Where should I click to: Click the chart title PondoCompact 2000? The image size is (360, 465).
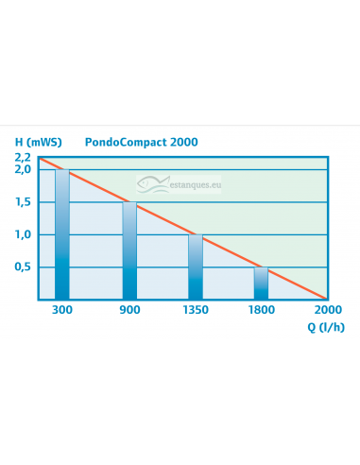[145, 142]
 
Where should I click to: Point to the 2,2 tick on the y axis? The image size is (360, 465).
[22, 157]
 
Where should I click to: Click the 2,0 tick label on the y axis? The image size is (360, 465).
[22, 169]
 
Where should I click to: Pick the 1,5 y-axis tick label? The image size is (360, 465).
[22, 202]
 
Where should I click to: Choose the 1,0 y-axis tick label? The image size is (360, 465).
[22, 234]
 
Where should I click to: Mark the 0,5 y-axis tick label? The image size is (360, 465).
[22, 267]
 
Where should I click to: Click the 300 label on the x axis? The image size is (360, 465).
[62, 309]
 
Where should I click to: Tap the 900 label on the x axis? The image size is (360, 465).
[129, 309]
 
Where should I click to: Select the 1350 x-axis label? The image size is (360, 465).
[195, 309]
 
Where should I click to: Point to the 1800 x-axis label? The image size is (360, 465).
[261, 309]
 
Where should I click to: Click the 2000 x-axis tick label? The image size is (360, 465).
[327, 309]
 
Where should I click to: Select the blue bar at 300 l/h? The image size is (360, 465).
[62, 236]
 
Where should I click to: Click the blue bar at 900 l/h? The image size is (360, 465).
[129, 251]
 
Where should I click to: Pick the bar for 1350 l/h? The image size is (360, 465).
[195, 267]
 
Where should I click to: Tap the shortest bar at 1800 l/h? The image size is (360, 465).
[261, 284]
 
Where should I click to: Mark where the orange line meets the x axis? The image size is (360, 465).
[326, 300]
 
